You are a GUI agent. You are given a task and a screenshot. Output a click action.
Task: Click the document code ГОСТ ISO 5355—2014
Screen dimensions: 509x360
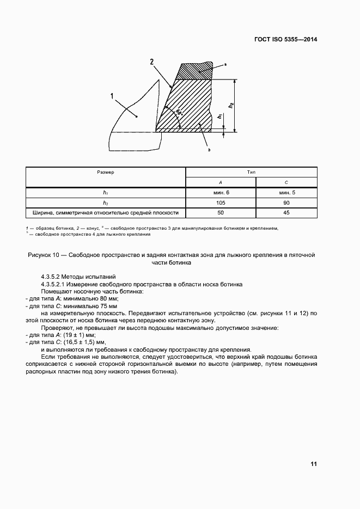(286, 39)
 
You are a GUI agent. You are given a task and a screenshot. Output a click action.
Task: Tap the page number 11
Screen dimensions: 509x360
(313, 464)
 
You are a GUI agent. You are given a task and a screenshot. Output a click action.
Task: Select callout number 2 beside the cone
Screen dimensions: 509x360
(152, 62)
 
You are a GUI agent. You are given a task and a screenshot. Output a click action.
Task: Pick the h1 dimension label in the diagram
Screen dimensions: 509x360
(219, 116)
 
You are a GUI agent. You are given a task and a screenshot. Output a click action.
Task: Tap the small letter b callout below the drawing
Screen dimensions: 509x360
(209, 149)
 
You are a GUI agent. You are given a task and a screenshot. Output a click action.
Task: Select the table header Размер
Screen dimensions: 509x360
(106, 171)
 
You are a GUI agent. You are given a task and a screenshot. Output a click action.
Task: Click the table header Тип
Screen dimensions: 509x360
(251, 171)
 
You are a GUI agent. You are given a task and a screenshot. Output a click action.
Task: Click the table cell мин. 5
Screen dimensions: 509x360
(286, 192)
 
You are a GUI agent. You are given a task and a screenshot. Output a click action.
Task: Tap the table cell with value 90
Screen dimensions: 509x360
(286, 203)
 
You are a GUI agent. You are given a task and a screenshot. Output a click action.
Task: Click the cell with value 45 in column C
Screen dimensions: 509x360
(286, 212)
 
